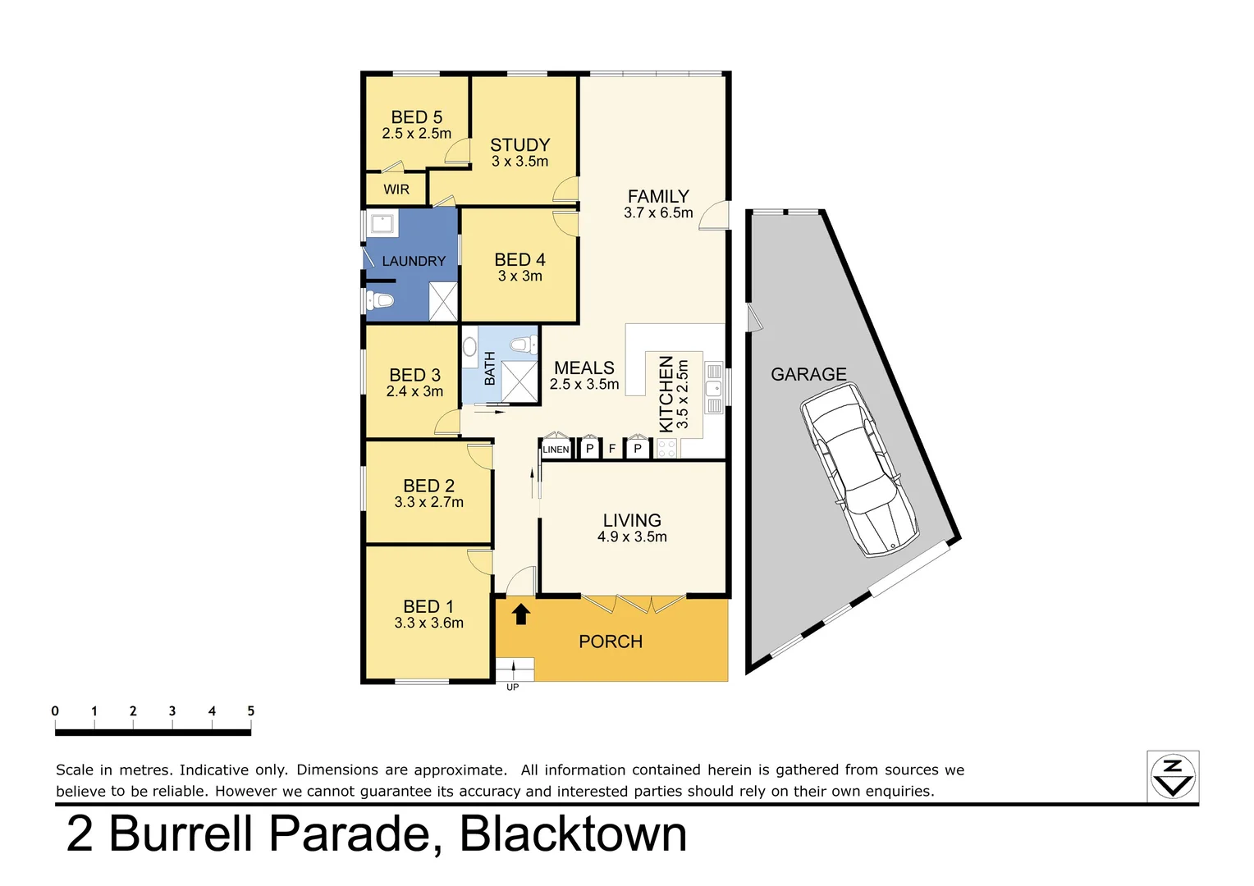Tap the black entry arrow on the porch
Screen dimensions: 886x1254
coord(520,614)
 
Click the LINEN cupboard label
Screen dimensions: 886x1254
coord(556,450)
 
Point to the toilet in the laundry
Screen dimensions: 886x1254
coord(379,300)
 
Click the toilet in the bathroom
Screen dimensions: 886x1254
coord(520,343)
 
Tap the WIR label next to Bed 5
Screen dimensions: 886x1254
coord(396,190)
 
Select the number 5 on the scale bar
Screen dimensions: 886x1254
coord(250,711)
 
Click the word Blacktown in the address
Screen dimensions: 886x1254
coord(573,834)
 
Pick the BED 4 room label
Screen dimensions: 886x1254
coord(519,259)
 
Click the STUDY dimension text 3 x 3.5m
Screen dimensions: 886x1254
coord(519,162)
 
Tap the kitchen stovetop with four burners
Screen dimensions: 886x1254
coord(666,448)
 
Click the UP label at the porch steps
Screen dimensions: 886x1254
coord(512,687)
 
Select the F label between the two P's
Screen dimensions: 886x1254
coord(612,449)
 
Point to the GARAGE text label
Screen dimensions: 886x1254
coord(808,374)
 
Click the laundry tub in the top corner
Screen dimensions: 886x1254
coord(382,222)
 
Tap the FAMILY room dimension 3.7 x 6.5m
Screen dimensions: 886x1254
coord(658,212)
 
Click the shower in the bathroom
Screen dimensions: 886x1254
coord(519,381)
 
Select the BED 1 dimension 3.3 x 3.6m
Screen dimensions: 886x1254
coord(428,623)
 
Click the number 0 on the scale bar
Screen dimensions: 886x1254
coord(55,711)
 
